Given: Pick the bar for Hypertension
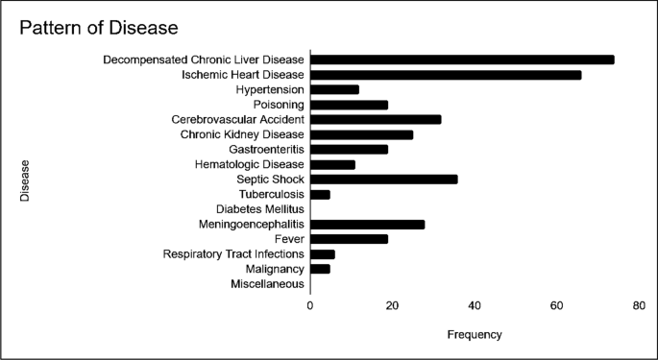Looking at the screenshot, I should coord(334,89).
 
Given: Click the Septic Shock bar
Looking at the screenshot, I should coord(383,179).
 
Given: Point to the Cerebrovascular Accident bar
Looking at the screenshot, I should coord(376,119).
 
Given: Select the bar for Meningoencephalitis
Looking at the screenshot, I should coord(367,224).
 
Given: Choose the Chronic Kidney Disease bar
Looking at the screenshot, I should coord(361,134).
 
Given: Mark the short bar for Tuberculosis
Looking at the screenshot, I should coord(320,194).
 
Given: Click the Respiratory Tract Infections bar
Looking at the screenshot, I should coord(322,253).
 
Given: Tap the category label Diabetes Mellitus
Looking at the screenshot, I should coord(259,209).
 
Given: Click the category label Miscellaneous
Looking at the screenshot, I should coord(267,284).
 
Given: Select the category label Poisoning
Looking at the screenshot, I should coord(279,105).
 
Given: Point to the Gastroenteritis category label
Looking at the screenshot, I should coord(266,149).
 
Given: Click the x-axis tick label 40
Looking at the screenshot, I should coord(475,305).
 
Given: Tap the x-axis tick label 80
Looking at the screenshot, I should coord(639,305).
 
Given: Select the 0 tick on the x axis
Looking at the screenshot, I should coord(310,305).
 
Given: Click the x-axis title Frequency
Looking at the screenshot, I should coord(475,335).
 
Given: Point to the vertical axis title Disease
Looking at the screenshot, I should coord(26,180).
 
